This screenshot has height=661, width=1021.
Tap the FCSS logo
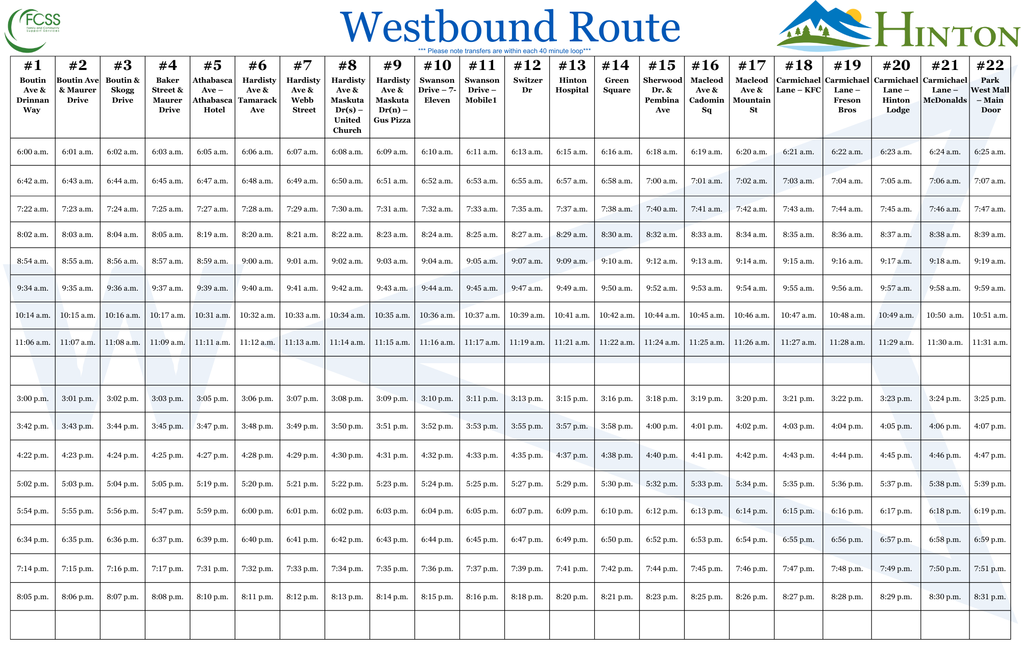click(x=33, y=30)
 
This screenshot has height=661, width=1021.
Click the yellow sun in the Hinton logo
click(x=853, y=16)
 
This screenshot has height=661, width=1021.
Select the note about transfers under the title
click(x=504, y=51)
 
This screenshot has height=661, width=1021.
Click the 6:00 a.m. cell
click(x=33, y=152)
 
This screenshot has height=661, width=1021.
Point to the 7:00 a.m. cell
click(x=662, y=181)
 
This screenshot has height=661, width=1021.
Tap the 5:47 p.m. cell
click(x=167, y=511)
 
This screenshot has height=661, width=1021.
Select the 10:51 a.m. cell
click(x=990, y=315)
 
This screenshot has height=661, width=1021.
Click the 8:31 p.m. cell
click(x=990, y=597)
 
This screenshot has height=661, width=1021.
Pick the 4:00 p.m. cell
click(x=662, y=426)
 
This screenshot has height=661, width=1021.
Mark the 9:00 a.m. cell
click(x=257, y=261)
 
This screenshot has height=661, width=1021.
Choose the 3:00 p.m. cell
click(x=33, y=398)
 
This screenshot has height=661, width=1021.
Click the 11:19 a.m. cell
click(x=527, y=342)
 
